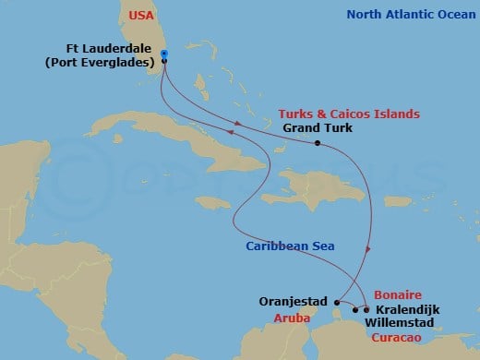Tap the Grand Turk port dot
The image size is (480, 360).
click(x=317, y=143)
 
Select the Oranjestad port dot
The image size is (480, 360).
click(x=338, y=302)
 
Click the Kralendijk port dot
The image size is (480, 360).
click(x=366, y=309)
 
